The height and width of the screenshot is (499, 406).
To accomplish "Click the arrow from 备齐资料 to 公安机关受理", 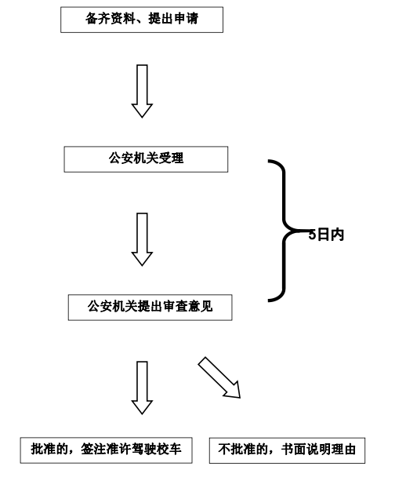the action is pyautogui.click(x=142, y=91).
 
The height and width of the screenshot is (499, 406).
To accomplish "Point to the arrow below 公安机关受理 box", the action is pyautogui.click(x=142, y=239).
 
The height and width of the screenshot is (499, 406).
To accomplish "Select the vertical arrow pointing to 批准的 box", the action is pyautogui.click(x=142, y=388).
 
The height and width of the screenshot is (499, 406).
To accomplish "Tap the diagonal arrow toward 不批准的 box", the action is pyautogui.click(x=220, y=378).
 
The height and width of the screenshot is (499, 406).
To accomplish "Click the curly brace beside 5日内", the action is pyautogui.click(x=284, y=231).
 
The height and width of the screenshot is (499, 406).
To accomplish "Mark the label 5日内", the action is pyautogui.click(x=327, y=235).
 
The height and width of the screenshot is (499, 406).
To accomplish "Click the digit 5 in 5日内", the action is pyautogui.click(x=312, y=235).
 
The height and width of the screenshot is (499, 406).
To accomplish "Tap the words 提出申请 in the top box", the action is pyautogui.click(x=173, y=19).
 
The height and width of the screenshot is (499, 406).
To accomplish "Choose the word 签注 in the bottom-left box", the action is pyautogui.click(x=93, y=449).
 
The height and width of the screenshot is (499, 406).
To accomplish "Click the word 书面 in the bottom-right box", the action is pyautogui.click(x=293, y=450).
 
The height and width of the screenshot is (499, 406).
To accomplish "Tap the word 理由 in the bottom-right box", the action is pyautogui.click(x=343, y=450).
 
